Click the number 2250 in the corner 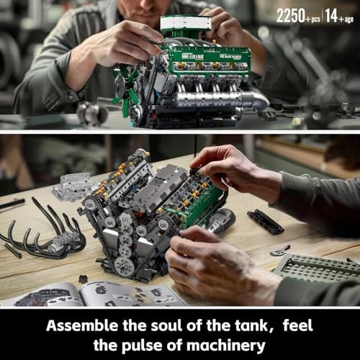[x=291, y=15]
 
